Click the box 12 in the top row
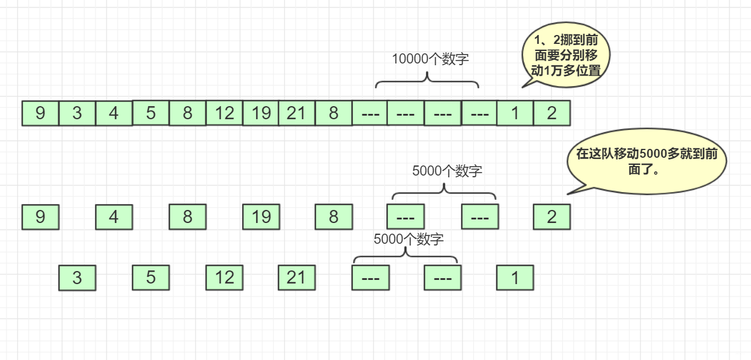tap(224, 113)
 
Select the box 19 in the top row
tap(261, 113)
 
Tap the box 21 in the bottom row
tap(296, 278)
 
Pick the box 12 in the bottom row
tap(224, 278)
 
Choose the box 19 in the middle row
tap(261, 217)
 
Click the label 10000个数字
tap(430, 59)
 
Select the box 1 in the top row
tap(515, 113)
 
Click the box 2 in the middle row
tap(552, 217)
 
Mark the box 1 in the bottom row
tap(515, 278)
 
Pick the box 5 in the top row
tap(151, 113)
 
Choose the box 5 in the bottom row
tap(151, 278)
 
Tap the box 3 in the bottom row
tap(77, 278)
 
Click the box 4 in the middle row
tap(114, 217)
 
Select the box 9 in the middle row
tap(40, 217)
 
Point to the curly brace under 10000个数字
tap(427, 81)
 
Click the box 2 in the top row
tap(552, 113)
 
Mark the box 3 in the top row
tap(77, 113)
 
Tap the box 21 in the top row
tap(296, 113)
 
